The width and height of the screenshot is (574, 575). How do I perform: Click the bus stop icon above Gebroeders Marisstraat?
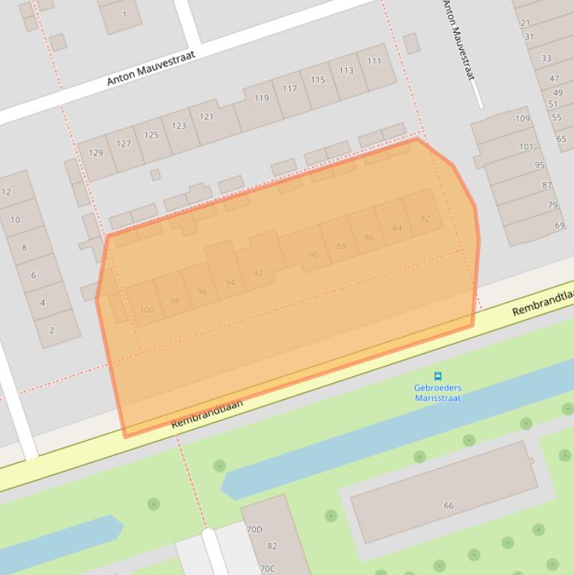pos(438,376)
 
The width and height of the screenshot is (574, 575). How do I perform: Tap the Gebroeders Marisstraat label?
pos(438,393)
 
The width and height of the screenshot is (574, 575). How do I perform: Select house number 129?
pos(96,153)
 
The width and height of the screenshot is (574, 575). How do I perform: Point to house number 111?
pos(374,62)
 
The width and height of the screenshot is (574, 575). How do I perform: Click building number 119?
pos(261,98)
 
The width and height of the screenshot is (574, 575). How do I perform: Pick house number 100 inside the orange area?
pos(146,310)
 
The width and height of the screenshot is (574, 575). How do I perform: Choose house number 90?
pos(313,255)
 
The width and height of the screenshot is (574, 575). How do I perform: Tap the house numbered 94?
pos(230,282)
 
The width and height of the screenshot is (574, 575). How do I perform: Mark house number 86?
pos(369,237)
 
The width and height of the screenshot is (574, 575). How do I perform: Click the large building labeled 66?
pos(449,506)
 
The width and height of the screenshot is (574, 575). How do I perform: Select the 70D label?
pos(255,529)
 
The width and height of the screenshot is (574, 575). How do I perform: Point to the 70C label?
pos(267,568)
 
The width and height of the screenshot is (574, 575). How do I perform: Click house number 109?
pos(522,119)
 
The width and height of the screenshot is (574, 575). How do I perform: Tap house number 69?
pos(559,226)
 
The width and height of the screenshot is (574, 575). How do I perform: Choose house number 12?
pos(7,192)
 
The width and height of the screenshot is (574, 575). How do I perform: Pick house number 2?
pos(52,330)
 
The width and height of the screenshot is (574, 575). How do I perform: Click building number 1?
pos(124,14)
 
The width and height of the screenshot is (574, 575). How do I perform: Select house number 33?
pos(546,58)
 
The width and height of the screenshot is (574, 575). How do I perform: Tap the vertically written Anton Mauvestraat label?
pos(460,41)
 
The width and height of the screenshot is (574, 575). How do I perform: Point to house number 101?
pos(527,146)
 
